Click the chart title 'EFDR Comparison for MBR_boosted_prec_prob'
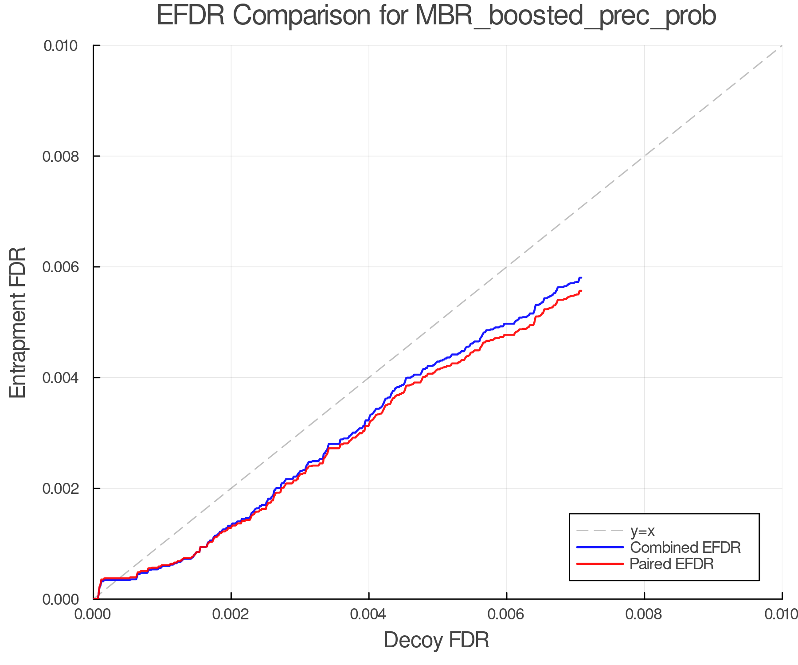click(436, 16)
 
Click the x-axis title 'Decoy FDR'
click(436, 640)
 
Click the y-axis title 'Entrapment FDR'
click(18, 322)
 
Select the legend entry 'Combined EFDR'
click(685, 548)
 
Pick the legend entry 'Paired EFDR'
click(671, 564)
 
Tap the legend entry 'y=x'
click(642, 531)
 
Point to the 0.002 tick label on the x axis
click(231, 614)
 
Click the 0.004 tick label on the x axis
click(369, 614)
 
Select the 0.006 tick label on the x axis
click(506, 614)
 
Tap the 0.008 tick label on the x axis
click(644, 614)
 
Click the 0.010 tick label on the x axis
click(781, 614)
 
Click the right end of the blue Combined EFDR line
click(581, 278)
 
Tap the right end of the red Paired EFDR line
click(581, 291)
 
